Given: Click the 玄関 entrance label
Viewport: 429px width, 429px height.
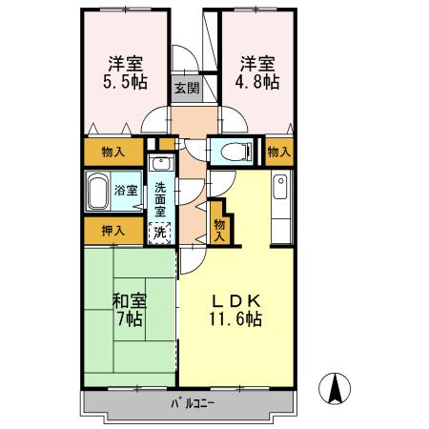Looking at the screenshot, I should [186, 90].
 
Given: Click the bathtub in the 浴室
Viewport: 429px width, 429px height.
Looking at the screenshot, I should [97, 193].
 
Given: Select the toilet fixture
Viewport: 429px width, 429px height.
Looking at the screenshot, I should [234, 151].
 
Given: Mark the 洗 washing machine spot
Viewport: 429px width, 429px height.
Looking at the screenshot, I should [161, 231].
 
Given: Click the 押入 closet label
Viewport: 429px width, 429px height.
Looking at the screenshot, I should [112, 230].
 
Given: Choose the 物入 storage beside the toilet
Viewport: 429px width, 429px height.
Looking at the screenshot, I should [277, 151].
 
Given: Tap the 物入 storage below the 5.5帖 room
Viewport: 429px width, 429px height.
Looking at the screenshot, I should [112, 151].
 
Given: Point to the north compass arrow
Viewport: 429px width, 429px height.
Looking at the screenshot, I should [337, 389].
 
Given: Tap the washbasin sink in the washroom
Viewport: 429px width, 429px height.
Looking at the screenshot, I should [162, 162].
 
